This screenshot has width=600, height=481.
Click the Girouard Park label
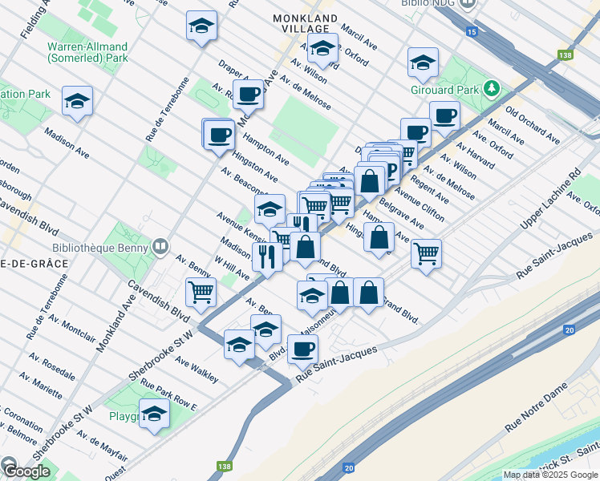(445, 89)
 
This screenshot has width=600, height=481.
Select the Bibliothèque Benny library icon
(161, 245)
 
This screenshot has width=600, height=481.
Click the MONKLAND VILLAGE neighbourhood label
(304, 22)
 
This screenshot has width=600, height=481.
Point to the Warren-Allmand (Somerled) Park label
(88, 51)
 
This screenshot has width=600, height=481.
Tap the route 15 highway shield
(471, 31)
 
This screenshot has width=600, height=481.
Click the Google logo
(26, 471)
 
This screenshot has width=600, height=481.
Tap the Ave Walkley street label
(197, 370)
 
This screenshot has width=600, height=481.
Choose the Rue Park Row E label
(168, 395)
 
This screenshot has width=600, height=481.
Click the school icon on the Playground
(153, 414)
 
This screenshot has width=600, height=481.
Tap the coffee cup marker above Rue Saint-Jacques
(302, 349)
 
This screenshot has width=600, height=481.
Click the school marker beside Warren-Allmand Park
(78, 101)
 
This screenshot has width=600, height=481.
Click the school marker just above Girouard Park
(423, 62)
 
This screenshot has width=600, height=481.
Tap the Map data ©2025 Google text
(551, 475)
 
